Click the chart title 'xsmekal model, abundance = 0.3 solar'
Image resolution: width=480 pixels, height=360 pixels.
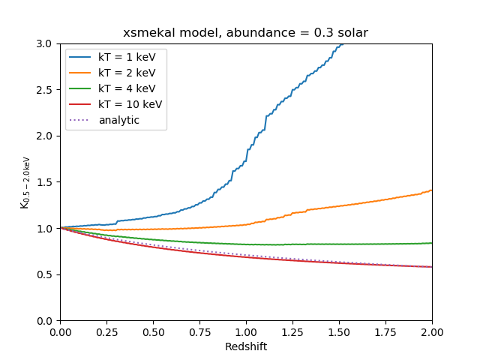246,33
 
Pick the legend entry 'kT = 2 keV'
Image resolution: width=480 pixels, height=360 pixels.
127,73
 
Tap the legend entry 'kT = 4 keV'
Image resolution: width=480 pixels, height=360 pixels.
127,89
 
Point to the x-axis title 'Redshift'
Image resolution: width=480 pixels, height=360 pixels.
246,347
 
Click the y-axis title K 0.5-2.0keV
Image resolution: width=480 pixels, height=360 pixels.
25,182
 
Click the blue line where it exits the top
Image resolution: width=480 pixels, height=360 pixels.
342,44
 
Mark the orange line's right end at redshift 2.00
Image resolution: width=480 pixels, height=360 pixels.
432,190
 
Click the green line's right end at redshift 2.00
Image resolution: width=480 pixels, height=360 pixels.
432,243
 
